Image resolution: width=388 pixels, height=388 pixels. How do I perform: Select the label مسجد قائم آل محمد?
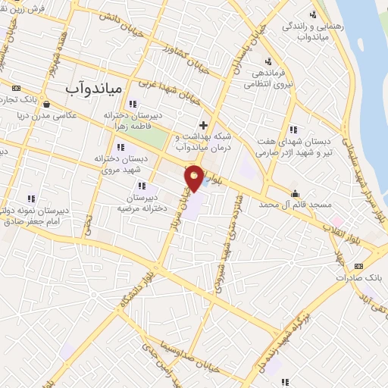[x=296, y=205]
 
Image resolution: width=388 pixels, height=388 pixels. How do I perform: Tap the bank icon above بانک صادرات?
[x=358, y=266]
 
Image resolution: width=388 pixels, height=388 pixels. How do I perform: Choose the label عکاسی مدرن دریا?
[x=47, y=117]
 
